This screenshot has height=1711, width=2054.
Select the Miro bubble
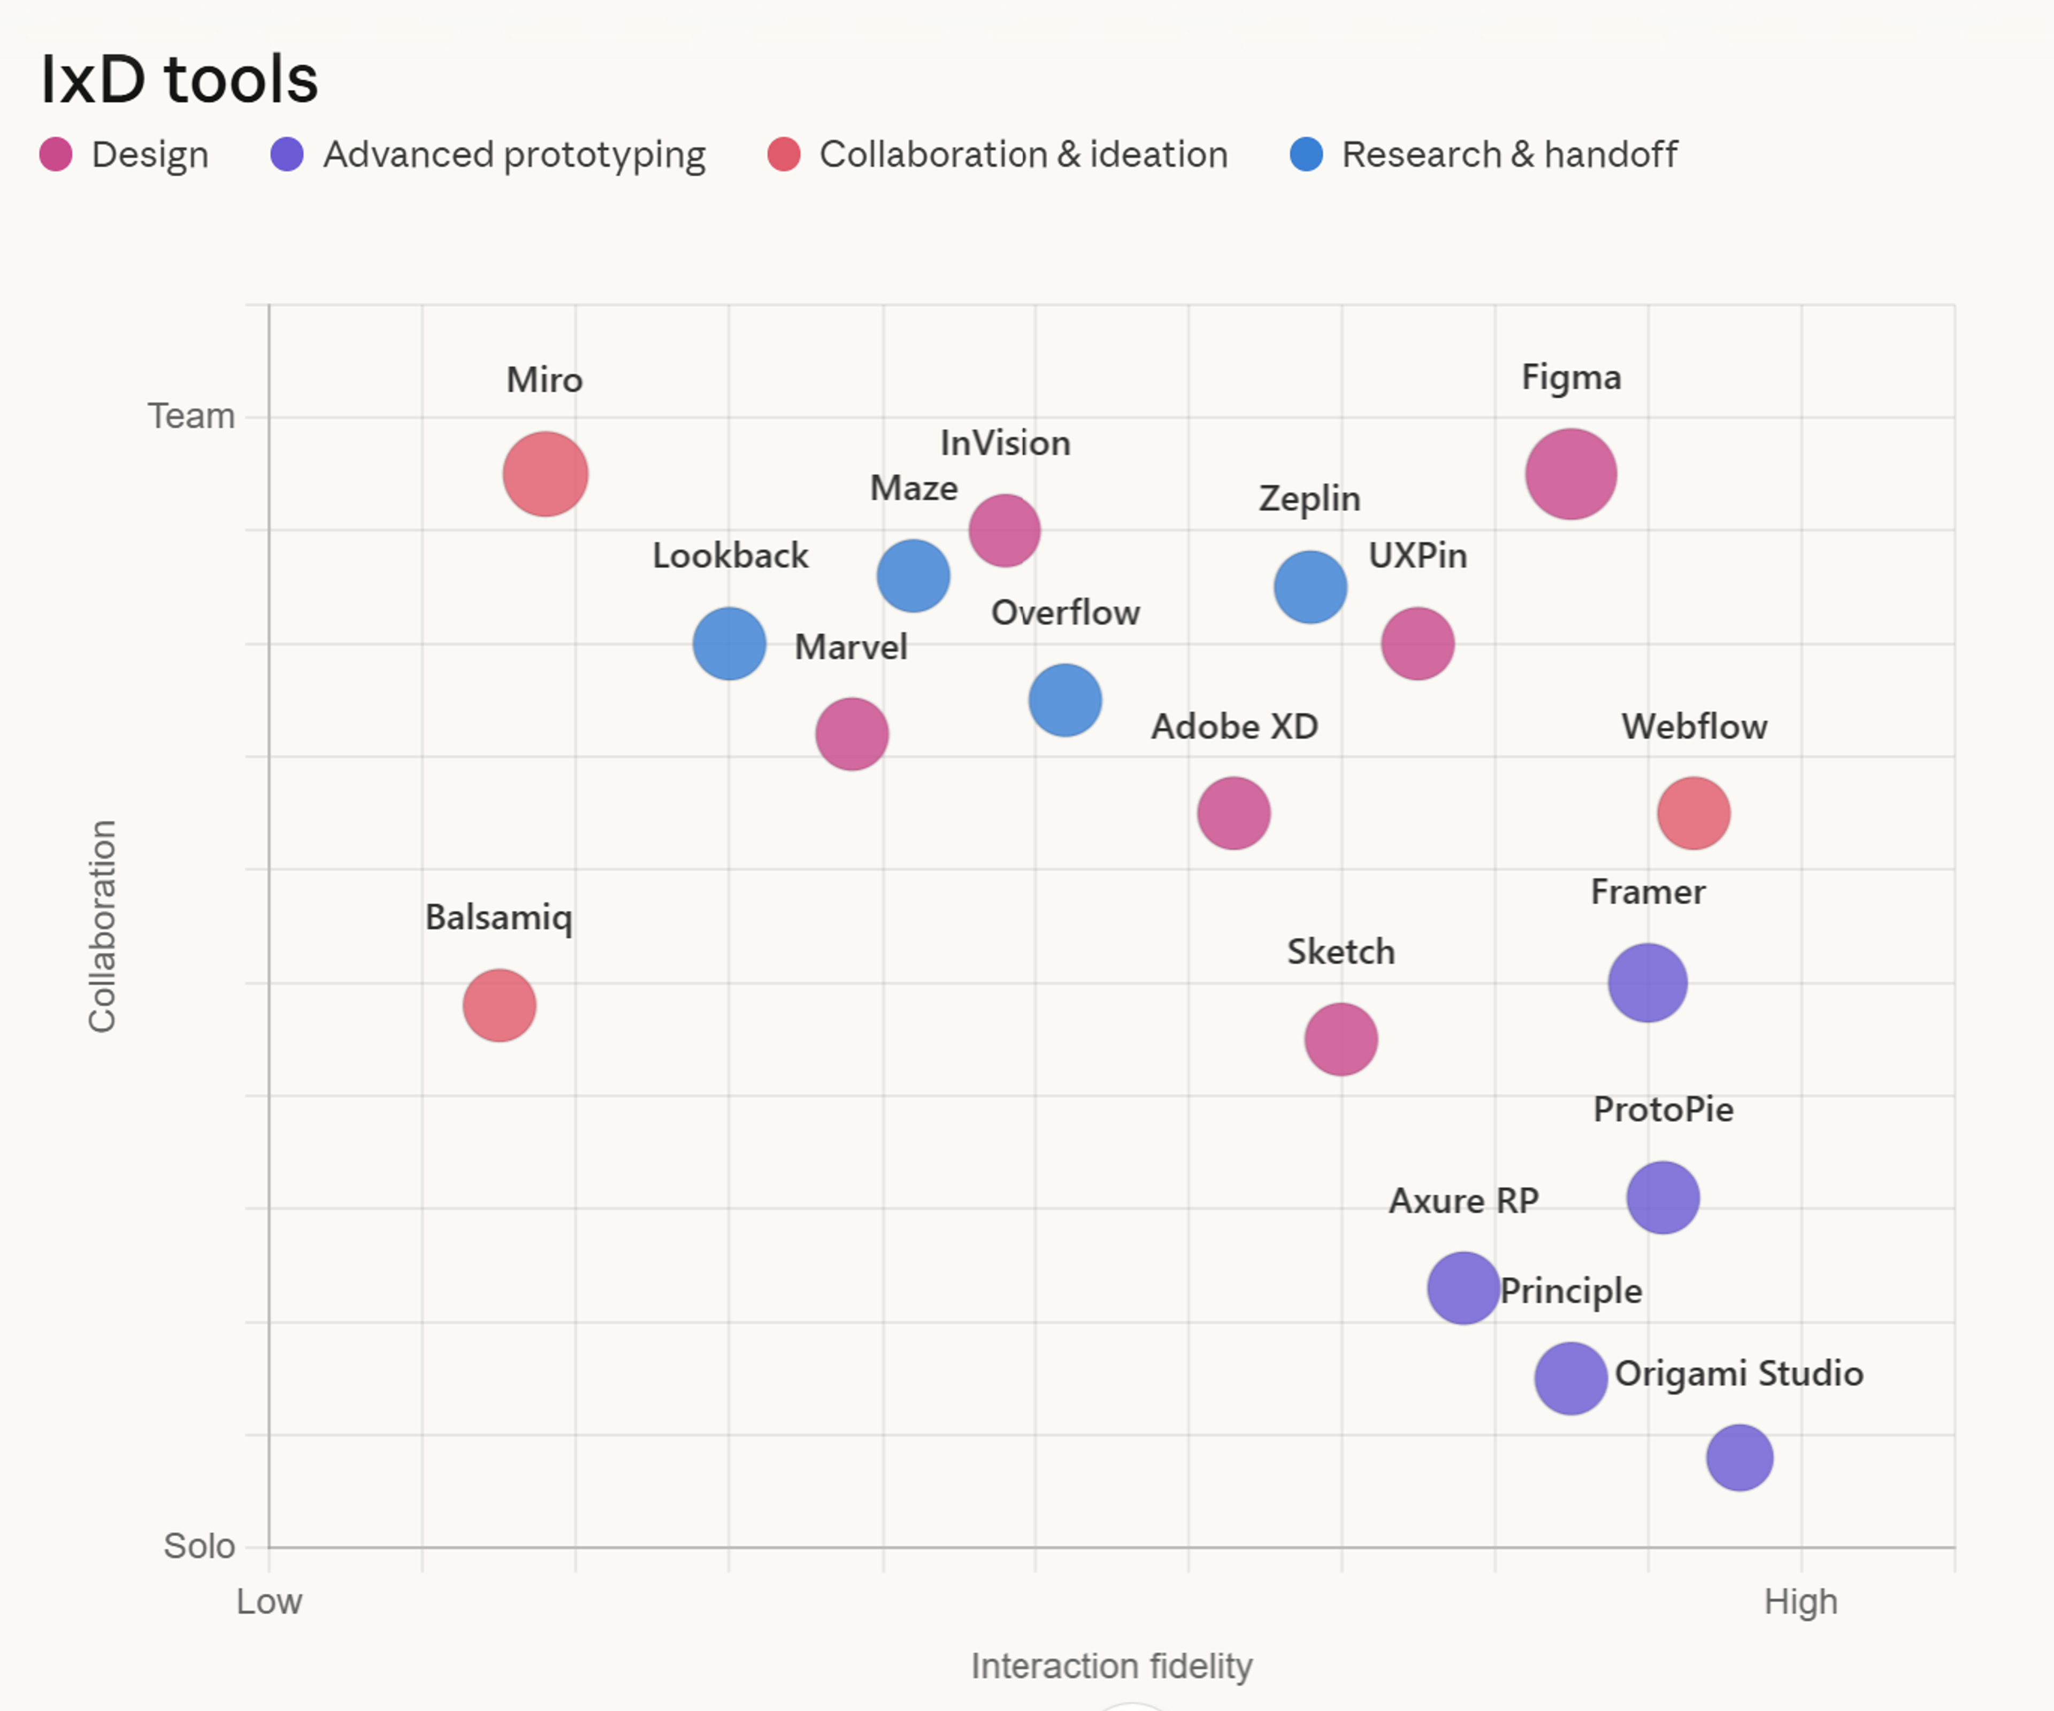(545, 474)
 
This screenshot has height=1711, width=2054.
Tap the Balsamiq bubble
(499, 1005)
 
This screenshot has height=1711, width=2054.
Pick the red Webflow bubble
(1693, 813)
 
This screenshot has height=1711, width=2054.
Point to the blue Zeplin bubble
(1309, 588)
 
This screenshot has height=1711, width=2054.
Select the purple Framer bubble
(1647, 983)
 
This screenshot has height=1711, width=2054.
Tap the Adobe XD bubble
(1233, 813)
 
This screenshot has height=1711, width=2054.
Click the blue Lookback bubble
(729, 643)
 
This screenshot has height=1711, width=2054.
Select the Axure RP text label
(1463, 1200)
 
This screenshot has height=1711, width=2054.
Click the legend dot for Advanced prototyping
(287, 155)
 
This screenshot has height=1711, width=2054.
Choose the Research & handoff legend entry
(1508, 155)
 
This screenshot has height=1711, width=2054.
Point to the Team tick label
(191, 417)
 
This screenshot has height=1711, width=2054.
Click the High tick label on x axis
(1800, 1601)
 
